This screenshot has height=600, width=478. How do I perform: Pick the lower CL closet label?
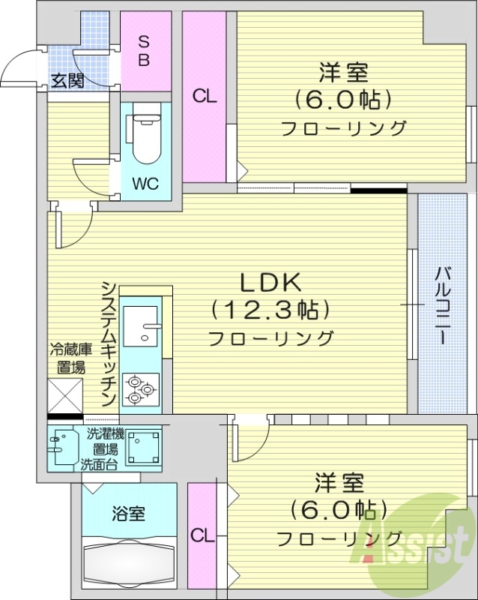(x=201, y=535)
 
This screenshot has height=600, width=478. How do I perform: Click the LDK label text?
(x=270, y=283)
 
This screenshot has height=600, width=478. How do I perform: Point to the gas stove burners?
(x=140, y=388)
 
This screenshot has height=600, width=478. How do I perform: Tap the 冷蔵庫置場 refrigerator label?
(x=71, y=358)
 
